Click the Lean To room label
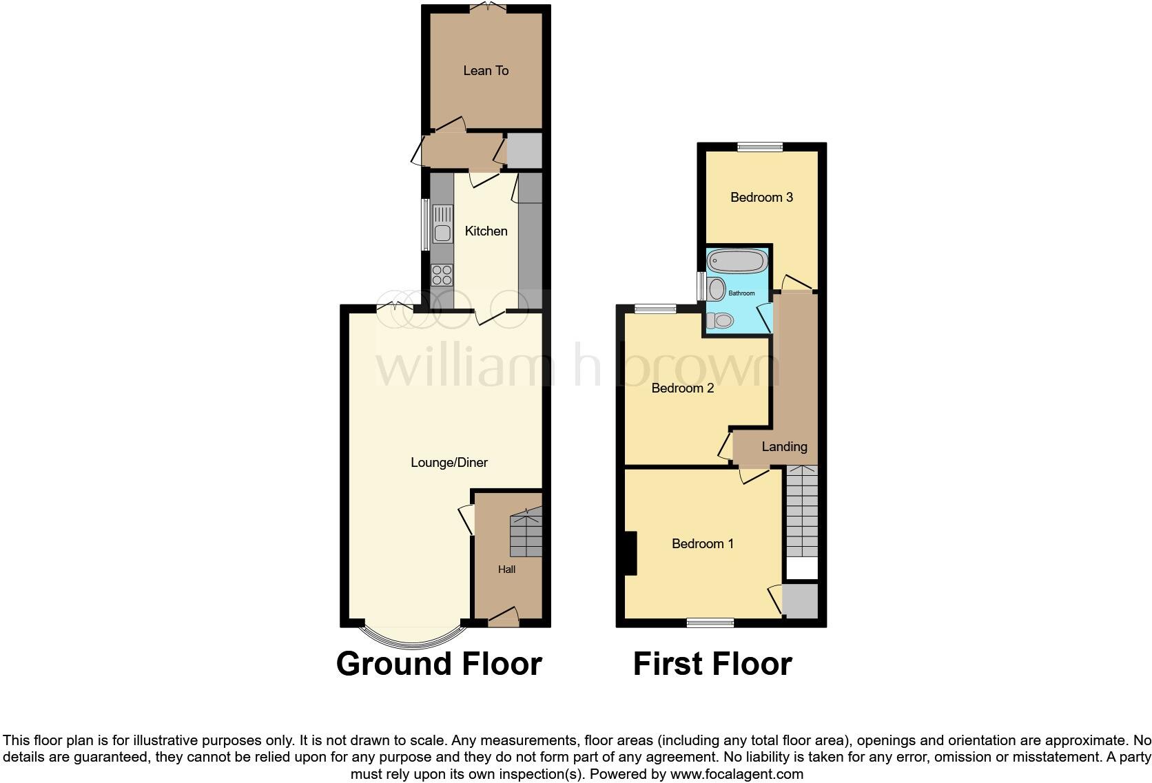[486, 70]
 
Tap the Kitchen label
[486, 231]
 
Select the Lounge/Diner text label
[449, 462]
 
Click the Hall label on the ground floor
[506, 570]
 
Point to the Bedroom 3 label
[761, 198]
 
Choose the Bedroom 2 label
[682, 388]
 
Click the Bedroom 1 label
[702, 544]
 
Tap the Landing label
[784, 447]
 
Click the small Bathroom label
[741, 293]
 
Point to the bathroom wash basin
[717, 289]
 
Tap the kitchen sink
[442, 233]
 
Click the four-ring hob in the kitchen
[442, 275]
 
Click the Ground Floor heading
[439, 664]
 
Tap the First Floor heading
[712, 664]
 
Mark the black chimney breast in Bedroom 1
[629, 553]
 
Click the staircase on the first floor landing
[801, 513]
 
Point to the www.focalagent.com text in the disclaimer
[736, 774]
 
